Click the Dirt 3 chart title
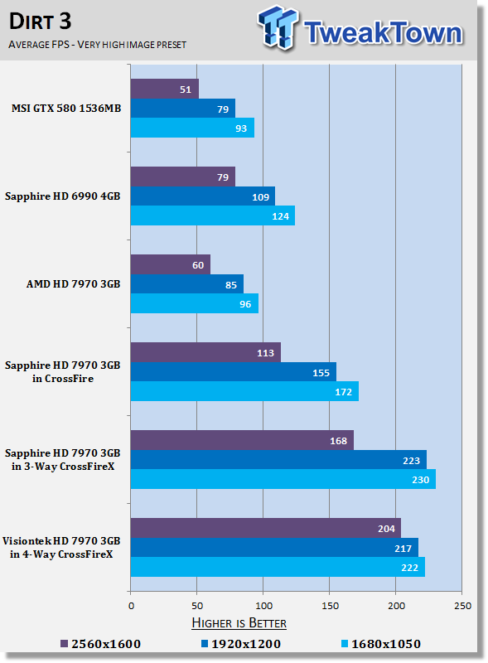pyautogui.click(x=40, y=22)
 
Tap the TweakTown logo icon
pyautogui.click(x=278, y=27)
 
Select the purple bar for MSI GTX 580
pyautogui.click(x=165, y=89)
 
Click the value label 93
pyautogui.click(x=241, y=128)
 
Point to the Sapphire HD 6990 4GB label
pyautogui.click(x=63, y=196)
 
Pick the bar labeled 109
pyautogui.click(x=202, y=196)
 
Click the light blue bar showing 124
pyautogui.click(x=213, y=215)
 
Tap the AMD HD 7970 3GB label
pyautogui.click(x=74, y=284)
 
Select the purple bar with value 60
pyautogui.click(x=171, y=264)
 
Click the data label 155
pyautogui.click(x=321, y=372)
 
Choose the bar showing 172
pyautogui.click(x=244, y=391)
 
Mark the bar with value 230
pyautogui.click(x=283, y=479)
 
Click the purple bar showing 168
pyautogui.click(x=242, y=440)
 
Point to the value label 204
pyautogui.click(x=386, y=529)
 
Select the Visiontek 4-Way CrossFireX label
pyautogui.click(x=61, y=548)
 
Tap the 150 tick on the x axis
pyautogui.click(x=330, y=606)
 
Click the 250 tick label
pyautogui.click(x=462, y=606)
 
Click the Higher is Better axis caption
pyautogui.click(x=239, y=623)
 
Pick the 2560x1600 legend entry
pyautogui.click(x=100, y=644)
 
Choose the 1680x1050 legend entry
pyautogui.click(x=381, y=644)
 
